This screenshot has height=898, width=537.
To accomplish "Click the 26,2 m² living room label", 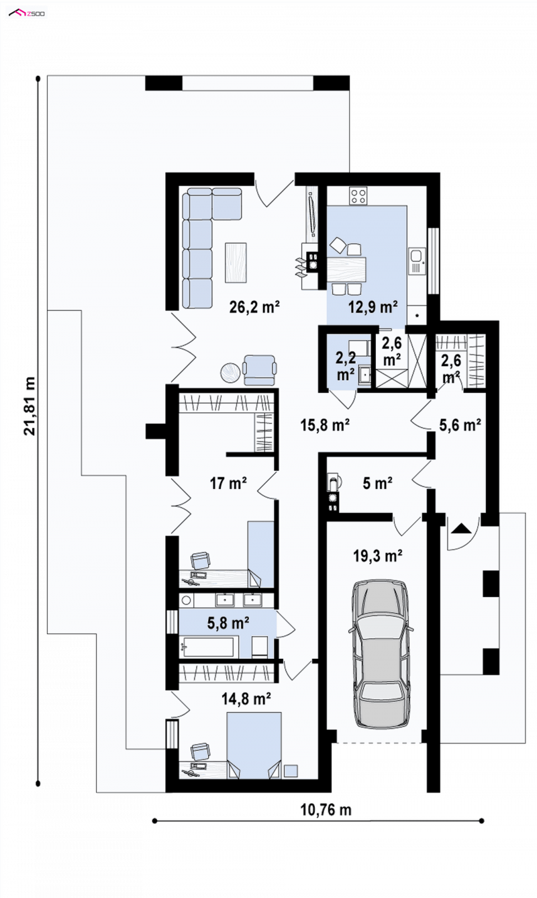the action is (254, 308).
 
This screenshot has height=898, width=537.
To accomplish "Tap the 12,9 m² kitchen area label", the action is (373, 308).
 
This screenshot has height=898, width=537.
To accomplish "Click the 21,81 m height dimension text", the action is (30, 406).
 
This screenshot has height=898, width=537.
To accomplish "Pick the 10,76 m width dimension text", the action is (326, 810).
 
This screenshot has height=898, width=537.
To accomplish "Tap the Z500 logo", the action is (27, 13).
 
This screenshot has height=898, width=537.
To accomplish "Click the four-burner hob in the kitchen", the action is (358, 196).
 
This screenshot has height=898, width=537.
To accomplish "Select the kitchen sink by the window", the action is (417, 261).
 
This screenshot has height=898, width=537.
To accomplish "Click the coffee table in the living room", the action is (236, 262).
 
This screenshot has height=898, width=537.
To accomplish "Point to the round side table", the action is (231, 372).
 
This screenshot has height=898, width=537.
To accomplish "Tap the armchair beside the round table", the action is (260, 369).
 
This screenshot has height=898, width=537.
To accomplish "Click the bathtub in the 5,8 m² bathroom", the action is (207, 647).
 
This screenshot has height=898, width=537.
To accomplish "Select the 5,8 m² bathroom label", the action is (228, 623).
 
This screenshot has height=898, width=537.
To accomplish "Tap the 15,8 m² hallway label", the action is (326, 425).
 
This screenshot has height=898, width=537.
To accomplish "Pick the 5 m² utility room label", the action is (377, 483).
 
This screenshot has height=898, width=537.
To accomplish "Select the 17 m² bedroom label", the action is (228, 483).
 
